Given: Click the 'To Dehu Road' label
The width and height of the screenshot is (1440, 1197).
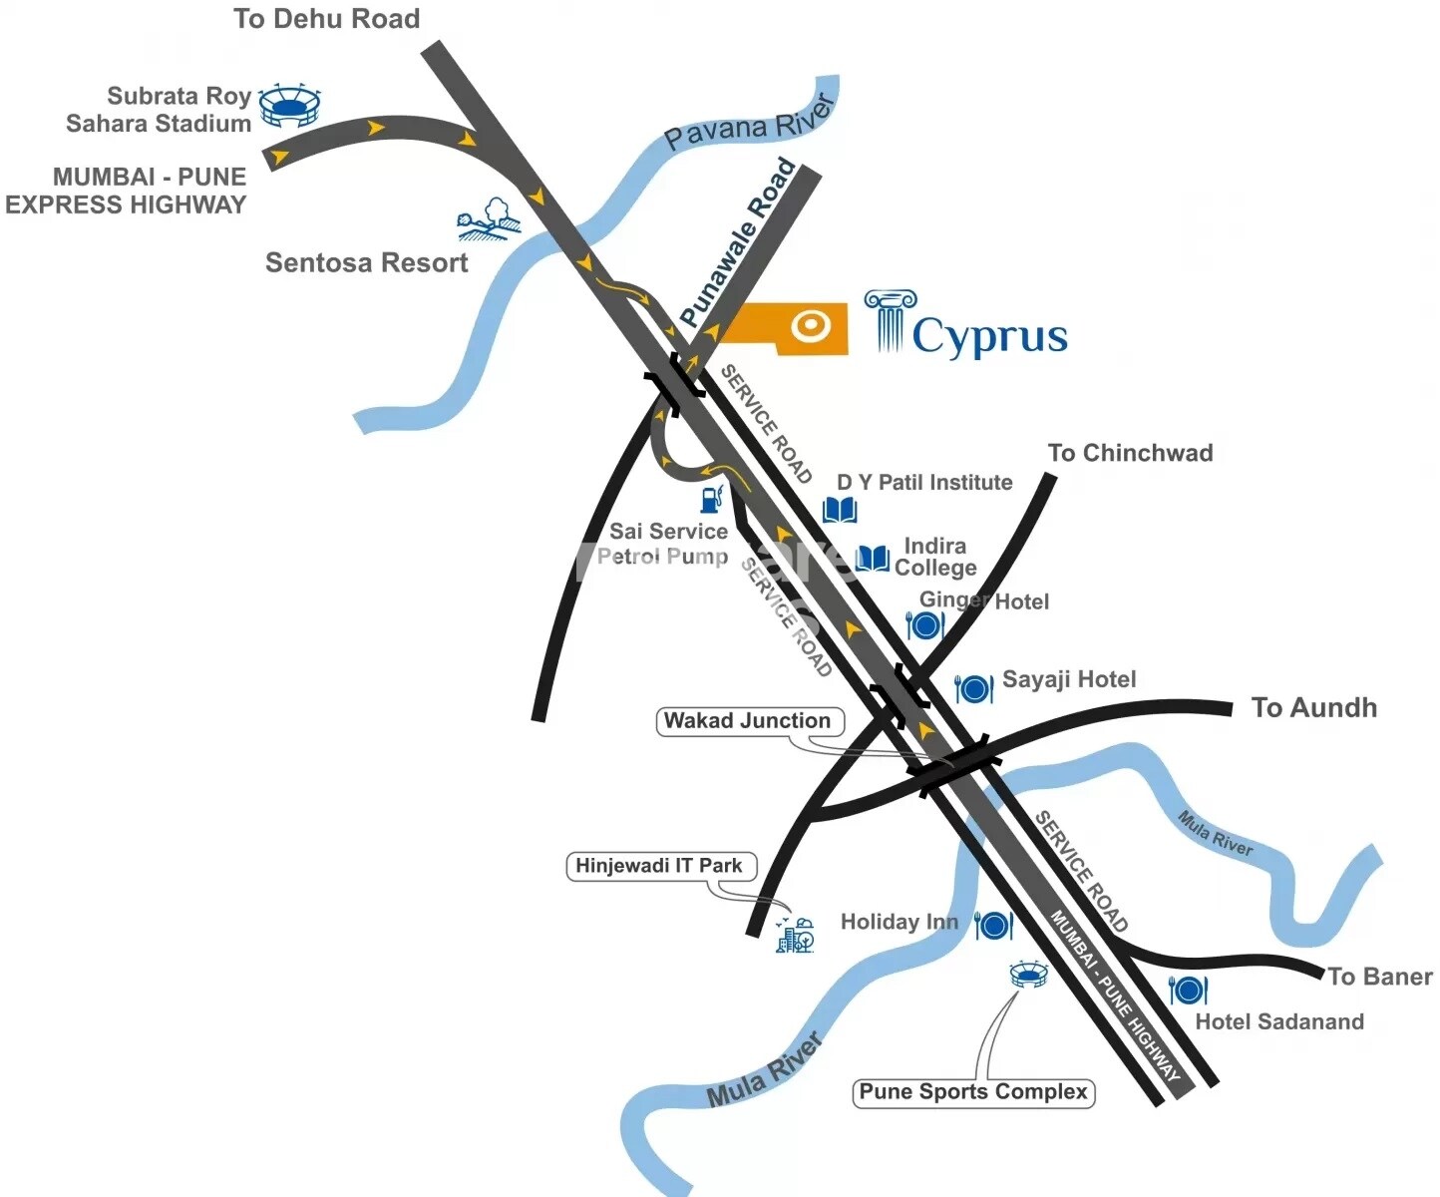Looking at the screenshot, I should [x=326, y=19].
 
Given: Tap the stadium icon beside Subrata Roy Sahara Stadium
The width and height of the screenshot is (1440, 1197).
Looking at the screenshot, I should [x=290, y=106].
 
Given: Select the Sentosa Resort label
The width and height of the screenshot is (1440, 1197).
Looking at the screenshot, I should [x=366, y=262].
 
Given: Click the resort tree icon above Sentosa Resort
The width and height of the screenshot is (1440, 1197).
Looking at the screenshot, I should [x=489, y=220].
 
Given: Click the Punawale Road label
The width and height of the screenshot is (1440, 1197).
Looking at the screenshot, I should [x=738, y=243].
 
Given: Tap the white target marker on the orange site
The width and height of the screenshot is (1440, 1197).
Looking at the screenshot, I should [x=810, y=325].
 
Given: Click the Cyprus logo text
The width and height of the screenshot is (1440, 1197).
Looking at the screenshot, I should [x=988, y=336].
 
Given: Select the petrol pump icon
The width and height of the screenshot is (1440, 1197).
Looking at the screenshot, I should [x=711, y=499].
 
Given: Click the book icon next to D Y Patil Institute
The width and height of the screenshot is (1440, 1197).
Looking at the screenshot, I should [x=840, y=511].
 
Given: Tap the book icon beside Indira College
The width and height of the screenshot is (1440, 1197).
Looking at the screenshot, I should [x=873, y=558].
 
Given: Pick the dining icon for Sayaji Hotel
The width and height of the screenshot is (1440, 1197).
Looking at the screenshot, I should [x=973, y=688].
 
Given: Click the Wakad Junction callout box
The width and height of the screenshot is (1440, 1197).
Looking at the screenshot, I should [x=749, y=721].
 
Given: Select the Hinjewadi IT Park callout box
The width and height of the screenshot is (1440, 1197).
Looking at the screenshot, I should [x=659, y=866].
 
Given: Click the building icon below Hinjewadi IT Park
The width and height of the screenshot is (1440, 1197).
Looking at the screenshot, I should [x=795, y=936].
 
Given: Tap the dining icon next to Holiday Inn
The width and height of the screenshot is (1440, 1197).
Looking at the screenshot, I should [x=993, y=925].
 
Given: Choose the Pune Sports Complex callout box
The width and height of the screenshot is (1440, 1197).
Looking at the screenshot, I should [x=973, y=1092].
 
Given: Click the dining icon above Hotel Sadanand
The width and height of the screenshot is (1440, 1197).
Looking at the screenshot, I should [x=1188, y=990].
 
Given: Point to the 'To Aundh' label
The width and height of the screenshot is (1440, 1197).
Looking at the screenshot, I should [x=1313, y=708].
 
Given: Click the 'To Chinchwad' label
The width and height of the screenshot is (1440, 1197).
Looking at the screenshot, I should [x=1130, y=453].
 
